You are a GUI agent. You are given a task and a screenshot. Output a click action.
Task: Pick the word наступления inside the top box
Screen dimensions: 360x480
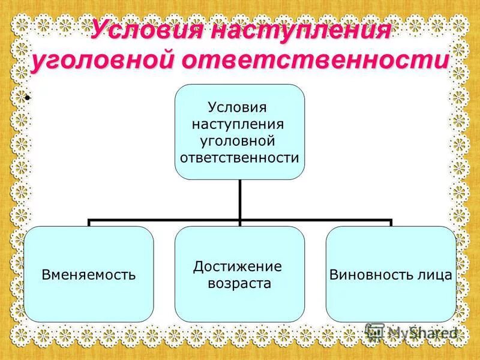tap(238, 125)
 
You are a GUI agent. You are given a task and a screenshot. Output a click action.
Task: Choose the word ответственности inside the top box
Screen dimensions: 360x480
tap(239, 158)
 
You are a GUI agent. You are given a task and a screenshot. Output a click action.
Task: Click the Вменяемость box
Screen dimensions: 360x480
tap(89, 275)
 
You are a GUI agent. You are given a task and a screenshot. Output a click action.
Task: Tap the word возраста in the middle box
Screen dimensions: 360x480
tap(239, 283)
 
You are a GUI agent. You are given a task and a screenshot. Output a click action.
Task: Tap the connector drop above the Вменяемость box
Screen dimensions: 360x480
tap(89, 223)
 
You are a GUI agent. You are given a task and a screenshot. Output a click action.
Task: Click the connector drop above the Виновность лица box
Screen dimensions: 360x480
tap(391, 223)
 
